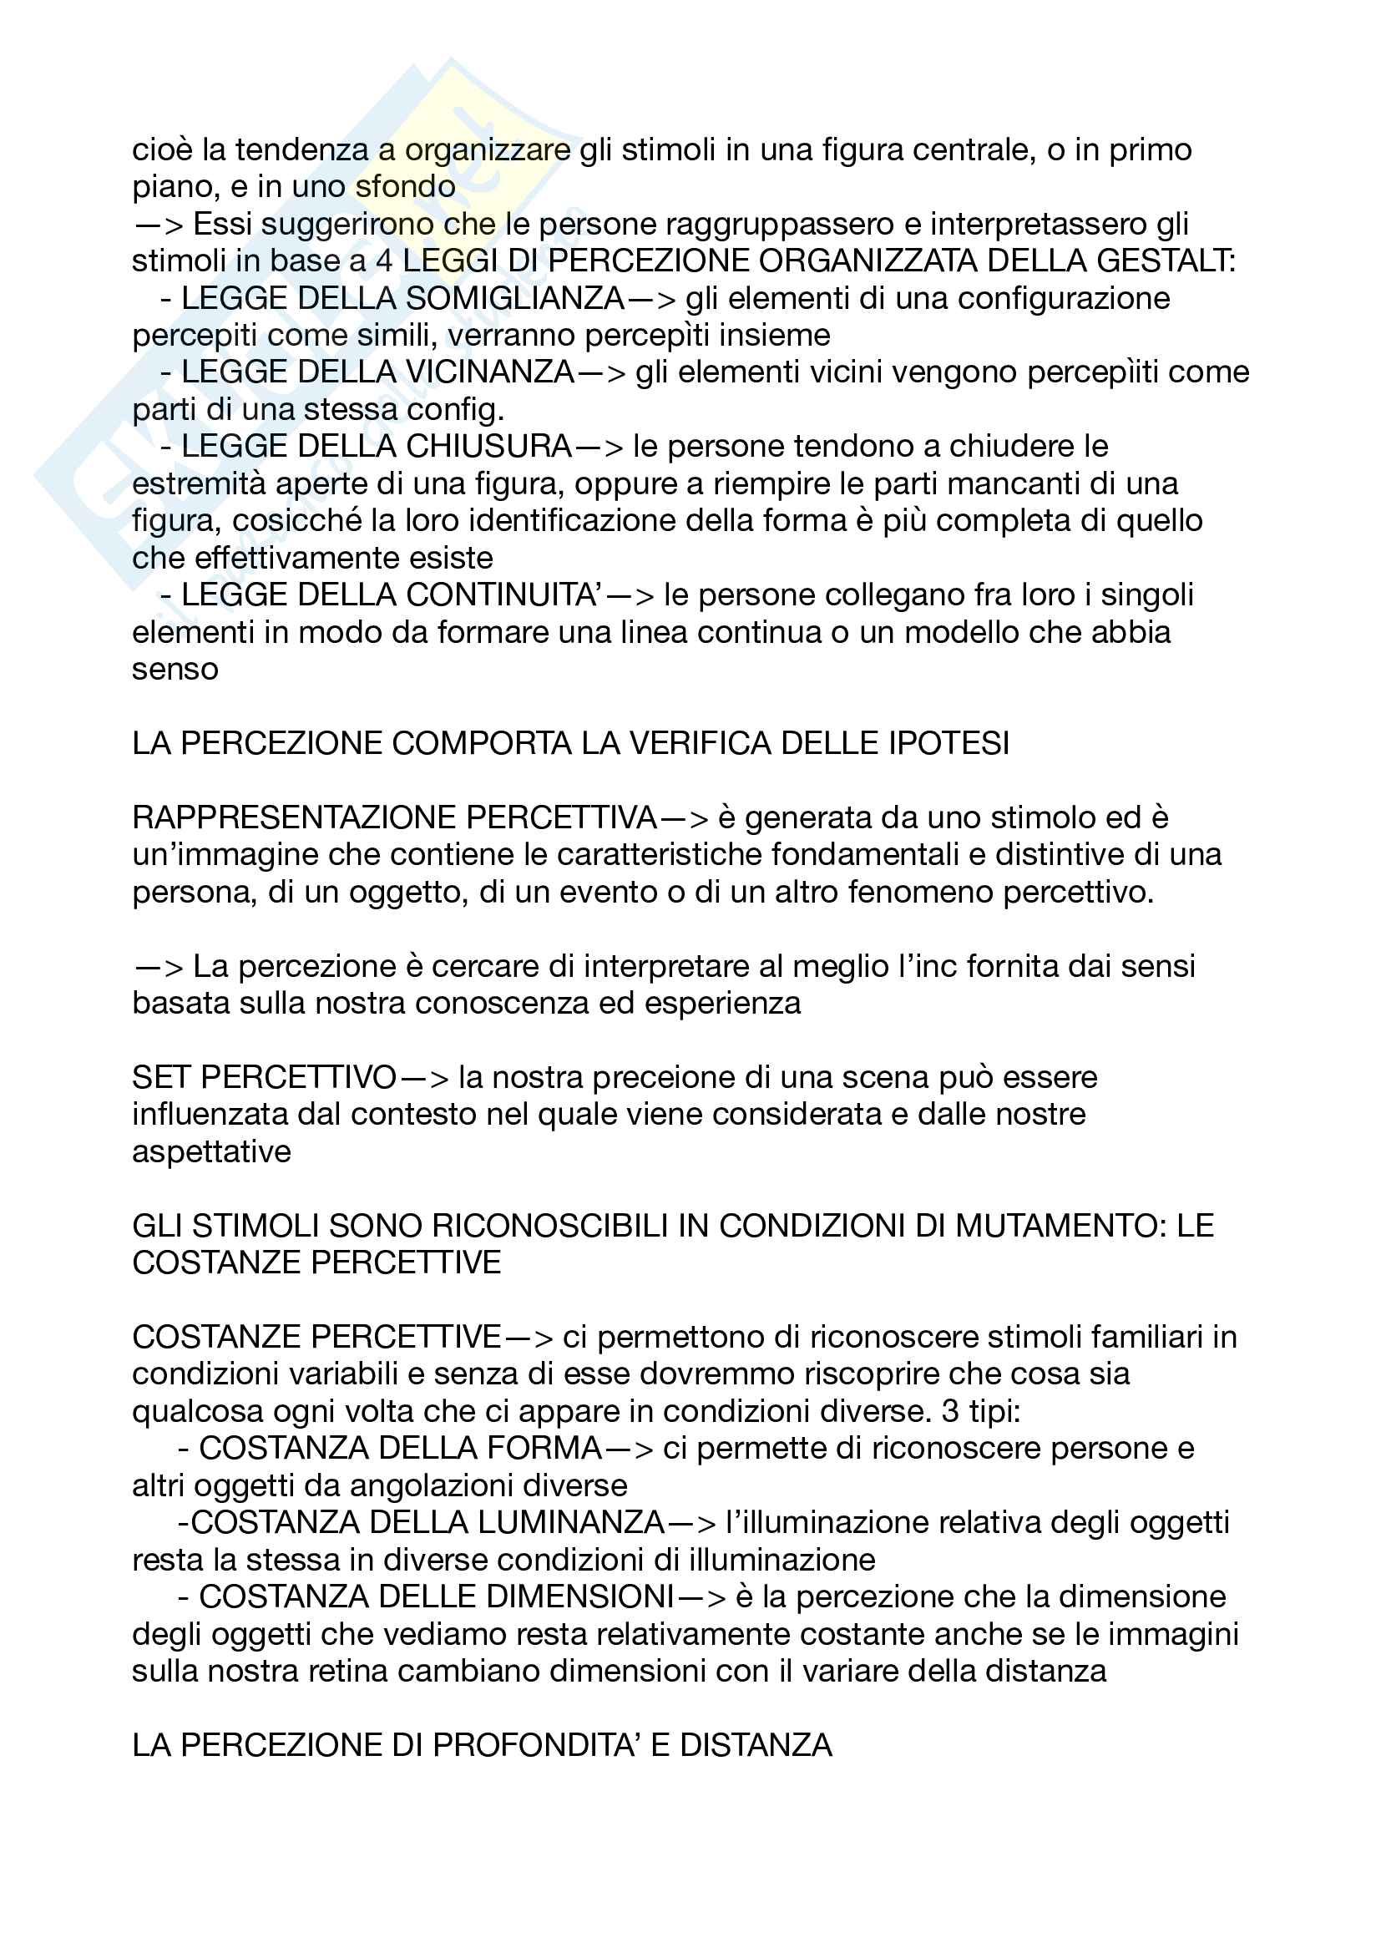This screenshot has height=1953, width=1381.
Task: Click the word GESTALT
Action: [x=1166, y=261]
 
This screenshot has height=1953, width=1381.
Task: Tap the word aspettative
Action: [x=212, y=1151]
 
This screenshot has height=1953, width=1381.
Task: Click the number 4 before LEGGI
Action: [x=383, y=261]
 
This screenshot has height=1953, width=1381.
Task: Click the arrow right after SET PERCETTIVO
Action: [x=424, y=1079]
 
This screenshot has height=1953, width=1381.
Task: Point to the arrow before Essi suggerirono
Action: [x=159, y=225]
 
